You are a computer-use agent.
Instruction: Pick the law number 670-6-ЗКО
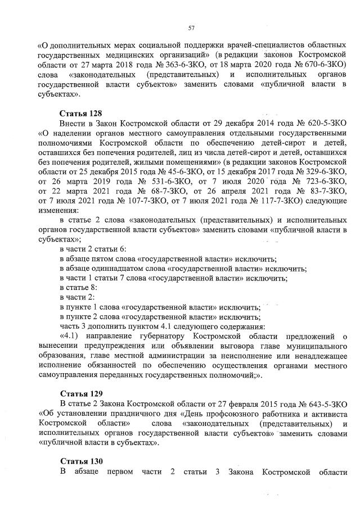[x=322, y=65]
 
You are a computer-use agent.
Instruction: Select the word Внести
[x=71, y=123]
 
